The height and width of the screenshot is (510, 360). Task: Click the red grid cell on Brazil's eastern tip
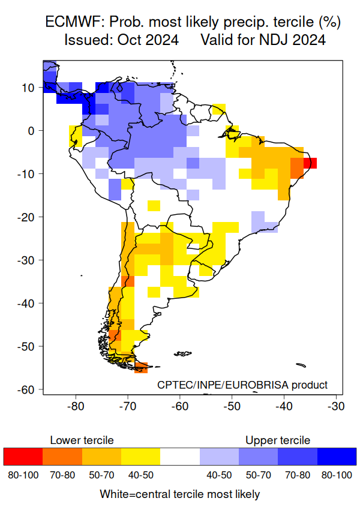(310, 163)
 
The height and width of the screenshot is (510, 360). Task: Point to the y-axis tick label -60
(28, 390)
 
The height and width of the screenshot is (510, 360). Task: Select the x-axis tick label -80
(76, 406)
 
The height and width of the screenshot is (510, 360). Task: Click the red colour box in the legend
(23, 457)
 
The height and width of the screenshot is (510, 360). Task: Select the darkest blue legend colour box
(337, 457)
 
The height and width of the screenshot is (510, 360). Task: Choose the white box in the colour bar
(180, 457)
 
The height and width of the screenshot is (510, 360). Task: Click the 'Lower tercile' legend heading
(82, 440)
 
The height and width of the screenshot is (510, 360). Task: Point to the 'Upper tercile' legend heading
(278, 440)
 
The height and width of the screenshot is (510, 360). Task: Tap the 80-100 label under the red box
(23, 475)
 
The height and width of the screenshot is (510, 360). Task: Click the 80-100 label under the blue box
(337, 475)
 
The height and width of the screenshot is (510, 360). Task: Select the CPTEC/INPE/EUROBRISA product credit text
(242, 385)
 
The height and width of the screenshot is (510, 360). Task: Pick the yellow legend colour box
(140, 457)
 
